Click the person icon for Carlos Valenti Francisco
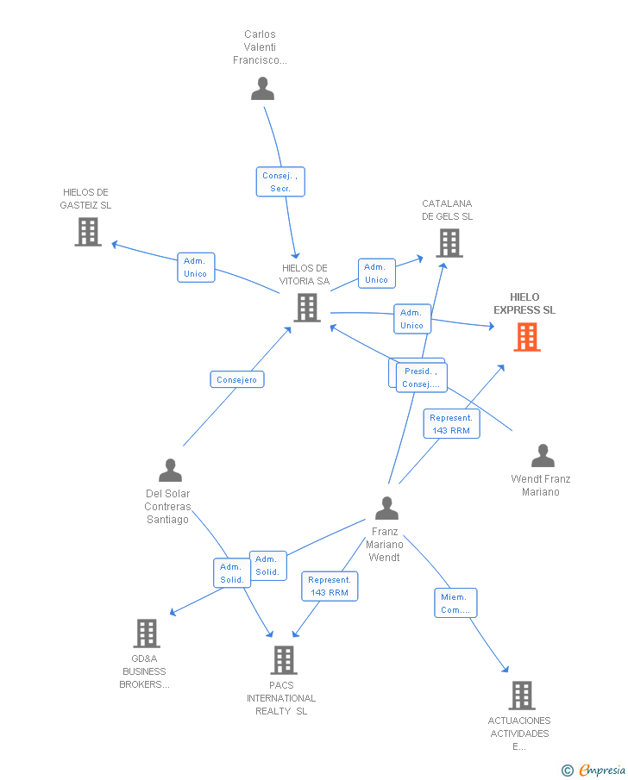[262, 89]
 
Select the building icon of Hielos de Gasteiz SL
[88, 232]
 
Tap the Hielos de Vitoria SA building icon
[307, 308]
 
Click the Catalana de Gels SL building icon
[449, 242]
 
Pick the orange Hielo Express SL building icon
[527, 336]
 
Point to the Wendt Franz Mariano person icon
[543, 456]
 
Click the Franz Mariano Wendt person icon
[386, 509]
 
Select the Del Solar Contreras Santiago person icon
[170, 471]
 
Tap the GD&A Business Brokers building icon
[147, 633]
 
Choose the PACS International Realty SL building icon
[283, 660]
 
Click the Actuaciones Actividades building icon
[521, 695]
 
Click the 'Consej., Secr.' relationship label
[280, 182]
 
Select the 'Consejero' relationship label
[237, 379]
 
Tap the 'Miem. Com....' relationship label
[455, 603]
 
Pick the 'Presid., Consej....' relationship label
[421, 378]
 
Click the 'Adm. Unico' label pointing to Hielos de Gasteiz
[196, 267]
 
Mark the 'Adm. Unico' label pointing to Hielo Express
[411, 319]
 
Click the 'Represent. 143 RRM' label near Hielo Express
[450, 424]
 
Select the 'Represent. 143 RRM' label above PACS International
[329, 586]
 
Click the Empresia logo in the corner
[594, 770]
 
